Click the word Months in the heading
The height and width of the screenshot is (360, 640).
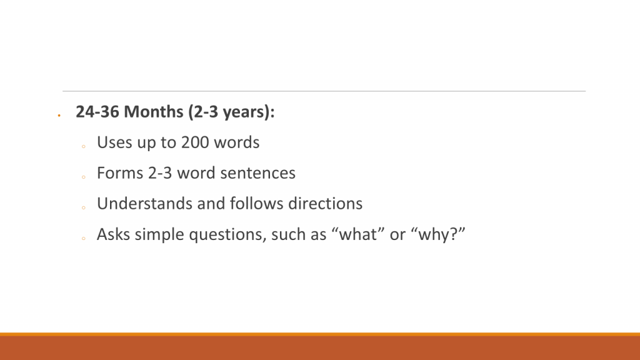[x=154, y=111]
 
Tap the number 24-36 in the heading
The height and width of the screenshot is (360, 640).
[x=97, y=111]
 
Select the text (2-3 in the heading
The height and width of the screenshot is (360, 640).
[x=203, y=112]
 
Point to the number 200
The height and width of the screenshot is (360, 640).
[x=195, y=142]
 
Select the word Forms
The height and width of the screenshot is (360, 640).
[x=120, y=172]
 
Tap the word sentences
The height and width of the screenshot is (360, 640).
[x=258, y=173]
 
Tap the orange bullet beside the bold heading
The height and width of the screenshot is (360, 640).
[x=59, y=116]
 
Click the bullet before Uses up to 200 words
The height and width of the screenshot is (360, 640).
[x=83, y=146]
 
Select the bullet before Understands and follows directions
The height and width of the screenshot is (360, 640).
[x=83, y=207]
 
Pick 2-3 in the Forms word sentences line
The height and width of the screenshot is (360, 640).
[x=160, y=172]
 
